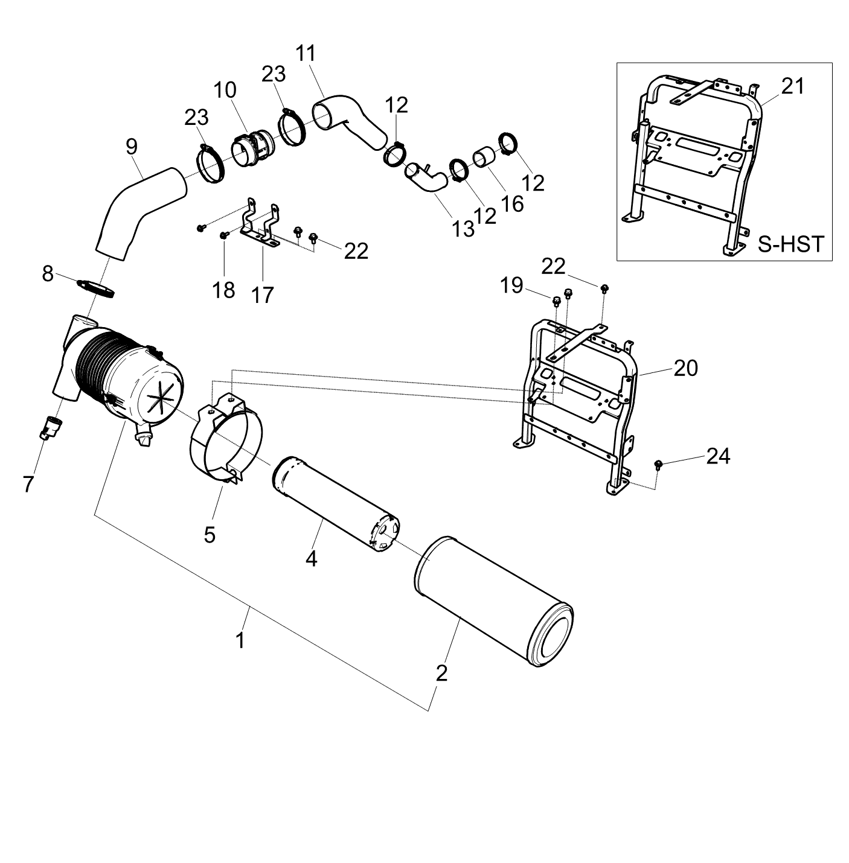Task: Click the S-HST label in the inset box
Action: coord(790,244)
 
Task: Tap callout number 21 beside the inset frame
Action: coord(793,86)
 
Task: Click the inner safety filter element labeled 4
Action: coord(336,504)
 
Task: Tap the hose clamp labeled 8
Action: coord(97,288)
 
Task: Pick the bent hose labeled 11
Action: coord(349,121)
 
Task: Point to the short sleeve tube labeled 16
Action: coord(484,159)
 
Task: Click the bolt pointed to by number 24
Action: coord(659,464)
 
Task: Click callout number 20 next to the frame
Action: coord(685,368)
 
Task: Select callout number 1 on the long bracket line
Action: coord(241,640)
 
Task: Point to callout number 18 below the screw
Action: coord(223,290)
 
